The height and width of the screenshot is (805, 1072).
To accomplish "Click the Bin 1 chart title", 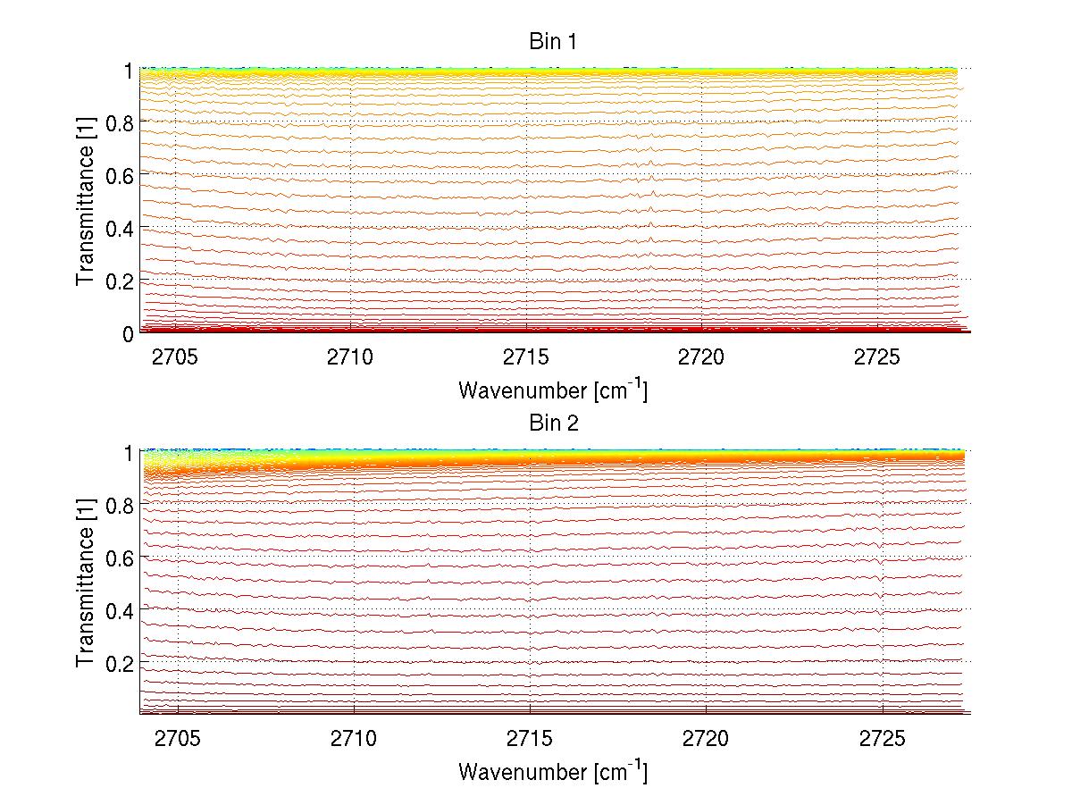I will click(554, 42).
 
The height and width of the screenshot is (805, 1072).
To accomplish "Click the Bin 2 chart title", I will click(554, 423).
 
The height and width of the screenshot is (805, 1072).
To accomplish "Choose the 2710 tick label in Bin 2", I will click(354, 740).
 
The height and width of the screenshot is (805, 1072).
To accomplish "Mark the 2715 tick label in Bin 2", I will click(530, 740).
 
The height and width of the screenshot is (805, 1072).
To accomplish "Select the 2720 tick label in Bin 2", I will click(706, 740).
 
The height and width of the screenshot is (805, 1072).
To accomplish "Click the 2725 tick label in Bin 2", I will click(882, 740).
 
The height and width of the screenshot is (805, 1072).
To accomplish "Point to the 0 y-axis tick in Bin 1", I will click(128, 333).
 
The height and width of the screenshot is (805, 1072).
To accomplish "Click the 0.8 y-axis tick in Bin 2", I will click(120, 505).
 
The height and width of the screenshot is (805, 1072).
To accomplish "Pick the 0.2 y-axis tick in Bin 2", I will click(120, 663).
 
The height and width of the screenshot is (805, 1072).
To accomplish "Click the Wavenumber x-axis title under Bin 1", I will click(553, 390).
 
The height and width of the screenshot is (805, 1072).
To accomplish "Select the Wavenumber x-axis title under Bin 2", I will click(553, 771).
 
